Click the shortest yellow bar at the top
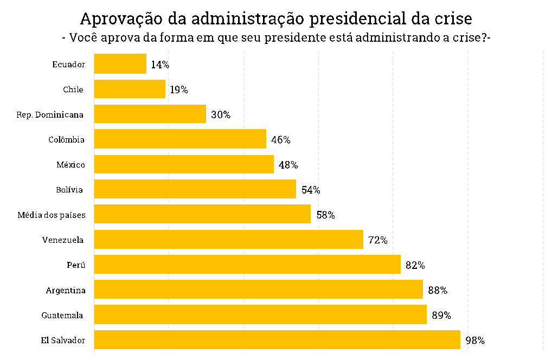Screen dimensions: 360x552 coord(120,63)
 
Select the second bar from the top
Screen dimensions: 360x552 coord(130,89)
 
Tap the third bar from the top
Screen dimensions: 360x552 coord(150,114)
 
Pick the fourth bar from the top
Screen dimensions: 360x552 coord(180,139)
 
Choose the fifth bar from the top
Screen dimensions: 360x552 coord(184,164)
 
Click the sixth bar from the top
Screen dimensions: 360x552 coord(195,189)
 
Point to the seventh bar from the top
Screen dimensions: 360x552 coord(202,214)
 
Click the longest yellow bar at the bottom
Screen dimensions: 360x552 coord(277,339)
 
